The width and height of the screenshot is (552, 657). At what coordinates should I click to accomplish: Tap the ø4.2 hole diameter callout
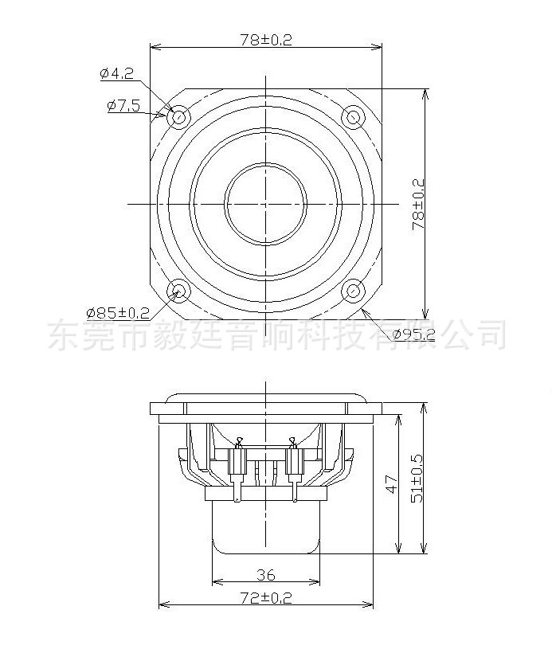pos(115,74)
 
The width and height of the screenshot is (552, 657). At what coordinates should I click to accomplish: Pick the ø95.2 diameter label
pos(413,334)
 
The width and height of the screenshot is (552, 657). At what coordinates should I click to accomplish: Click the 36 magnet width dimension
pos(265,574)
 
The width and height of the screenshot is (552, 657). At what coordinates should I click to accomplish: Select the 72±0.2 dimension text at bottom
pos(265,597)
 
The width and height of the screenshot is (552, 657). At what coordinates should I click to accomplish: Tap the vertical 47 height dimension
pos(390,484)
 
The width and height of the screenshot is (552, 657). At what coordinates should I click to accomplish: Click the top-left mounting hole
pos(178,118)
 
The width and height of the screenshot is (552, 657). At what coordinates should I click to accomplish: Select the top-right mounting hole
pos(353,118)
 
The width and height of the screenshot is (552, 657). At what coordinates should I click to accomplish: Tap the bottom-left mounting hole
pos(178,291)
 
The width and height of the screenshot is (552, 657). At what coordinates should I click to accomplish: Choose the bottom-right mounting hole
pos(353,291)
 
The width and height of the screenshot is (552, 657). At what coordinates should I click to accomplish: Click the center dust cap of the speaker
pos(265,204)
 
